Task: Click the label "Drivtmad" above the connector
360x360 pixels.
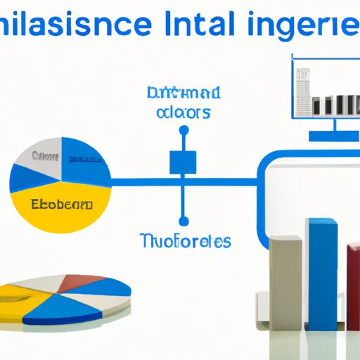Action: coord(184,94)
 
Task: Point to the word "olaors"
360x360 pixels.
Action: coord(184,112)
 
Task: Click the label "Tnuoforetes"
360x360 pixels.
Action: coord(184,242)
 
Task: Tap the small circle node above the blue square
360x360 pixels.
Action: coord(184,130)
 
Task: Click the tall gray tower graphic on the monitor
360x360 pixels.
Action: coord(304,91)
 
